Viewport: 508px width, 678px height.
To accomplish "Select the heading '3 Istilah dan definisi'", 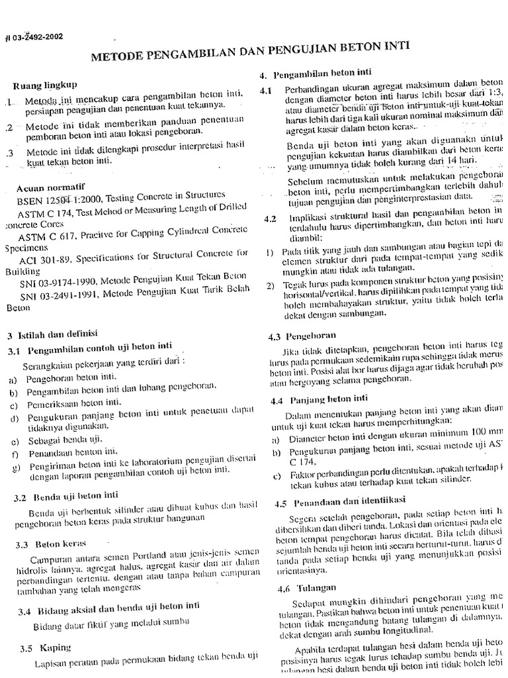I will tap(52, 334).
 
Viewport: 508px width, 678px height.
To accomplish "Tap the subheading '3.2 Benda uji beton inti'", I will tap(67, 495).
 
